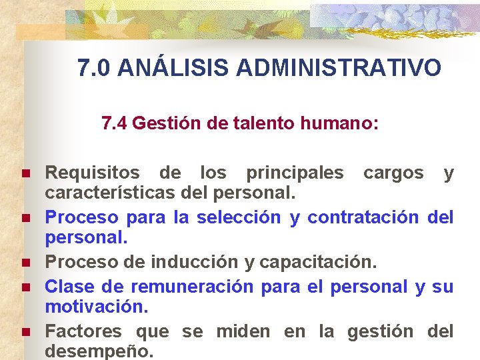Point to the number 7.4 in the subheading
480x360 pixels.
(115, 123)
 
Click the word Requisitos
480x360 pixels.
(92, 173)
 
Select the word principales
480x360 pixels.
(295, 173)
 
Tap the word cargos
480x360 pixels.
(393, 173)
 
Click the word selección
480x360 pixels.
(237, 217)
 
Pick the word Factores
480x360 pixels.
(83, 331)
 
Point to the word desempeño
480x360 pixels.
(99, 351)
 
